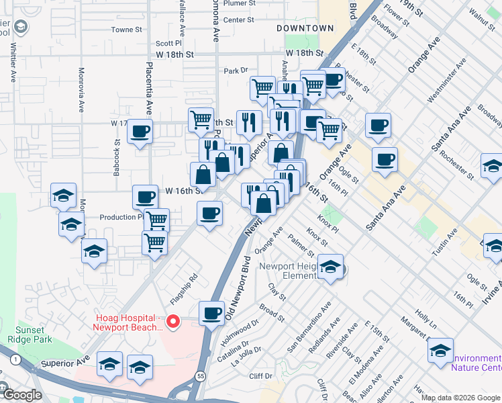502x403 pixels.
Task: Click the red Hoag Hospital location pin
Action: click(x=173, y=322)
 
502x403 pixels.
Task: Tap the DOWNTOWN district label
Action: click(x=305, y=28)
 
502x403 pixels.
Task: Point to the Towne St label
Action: click(x=127, y=30)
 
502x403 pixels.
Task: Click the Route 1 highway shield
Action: click(x=14, y=361)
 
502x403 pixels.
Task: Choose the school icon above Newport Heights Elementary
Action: click(x=330, y=267)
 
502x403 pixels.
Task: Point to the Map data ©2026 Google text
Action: click(x=461, y=398)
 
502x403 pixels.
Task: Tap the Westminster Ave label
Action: click(x=448, y=84)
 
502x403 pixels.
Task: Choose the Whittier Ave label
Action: click(x=12, y=64)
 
